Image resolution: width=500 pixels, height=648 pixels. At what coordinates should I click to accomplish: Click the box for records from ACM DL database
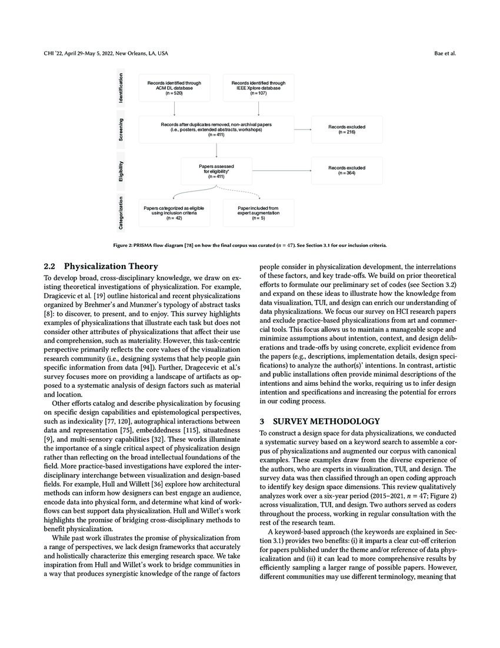(174, 88)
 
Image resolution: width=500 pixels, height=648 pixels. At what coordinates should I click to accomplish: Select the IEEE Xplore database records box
(258, 88)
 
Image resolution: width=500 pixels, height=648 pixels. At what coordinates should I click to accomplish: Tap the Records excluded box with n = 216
(346, 129)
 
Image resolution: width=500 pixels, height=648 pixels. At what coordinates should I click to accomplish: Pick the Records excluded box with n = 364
(346, 170)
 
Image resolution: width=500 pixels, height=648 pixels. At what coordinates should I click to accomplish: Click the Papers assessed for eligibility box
(216, 171)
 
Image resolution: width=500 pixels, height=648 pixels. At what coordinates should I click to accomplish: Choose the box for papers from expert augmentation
(258, 213)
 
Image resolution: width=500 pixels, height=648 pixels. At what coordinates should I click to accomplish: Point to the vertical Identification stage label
(122, 88)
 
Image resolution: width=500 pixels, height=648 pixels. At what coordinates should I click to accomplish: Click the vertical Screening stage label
(122, 130)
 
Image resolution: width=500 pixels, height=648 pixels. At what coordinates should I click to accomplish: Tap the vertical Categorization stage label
(122, 212)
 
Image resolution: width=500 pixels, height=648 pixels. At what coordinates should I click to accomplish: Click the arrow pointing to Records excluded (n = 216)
(302, 129)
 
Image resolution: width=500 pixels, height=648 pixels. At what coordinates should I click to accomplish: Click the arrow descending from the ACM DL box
(174, 108)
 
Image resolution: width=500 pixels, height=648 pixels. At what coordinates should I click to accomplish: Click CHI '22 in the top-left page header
(55, 53)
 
